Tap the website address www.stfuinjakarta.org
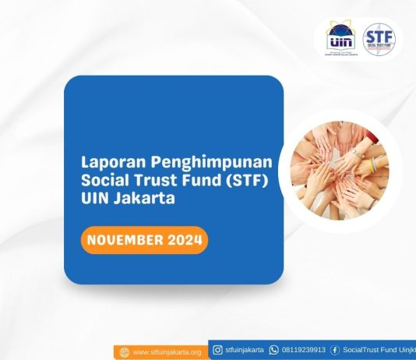coord(166,352)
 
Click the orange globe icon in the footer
coord(123,352)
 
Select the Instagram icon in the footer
coord(217,350)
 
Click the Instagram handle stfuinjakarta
coord(244,350)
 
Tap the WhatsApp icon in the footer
coord(273,350)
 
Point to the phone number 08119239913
coord(303,350)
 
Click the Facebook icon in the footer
coord(334,350)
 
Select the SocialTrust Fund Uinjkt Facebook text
coord(379,350)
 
